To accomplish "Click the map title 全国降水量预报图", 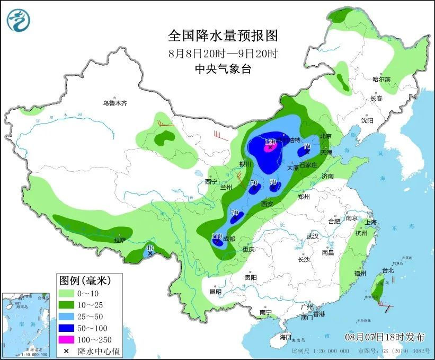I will click(x=223, y=36).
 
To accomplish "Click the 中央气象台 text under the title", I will click(x=223, y=68).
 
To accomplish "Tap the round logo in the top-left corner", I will click(x=19, y=20).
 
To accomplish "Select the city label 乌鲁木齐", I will click(x=115, y=103).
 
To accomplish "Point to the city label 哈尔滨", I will click(x=381, y=79).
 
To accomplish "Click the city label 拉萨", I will click(x=120, y=240).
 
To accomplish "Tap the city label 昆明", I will click(x=215, y=292).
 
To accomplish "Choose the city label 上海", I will click(x=370, y=222).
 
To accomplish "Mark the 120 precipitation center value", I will click(x=270, y=142).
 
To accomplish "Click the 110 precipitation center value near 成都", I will click(x=217, y=236).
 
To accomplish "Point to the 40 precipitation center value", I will click(x=150, y=248).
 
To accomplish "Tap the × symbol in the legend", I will click(x=66, y=352).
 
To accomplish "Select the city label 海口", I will click(x=286, y=337).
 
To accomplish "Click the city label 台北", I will click(x=388, y=270).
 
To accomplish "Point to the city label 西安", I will click(x=267, y=204).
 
